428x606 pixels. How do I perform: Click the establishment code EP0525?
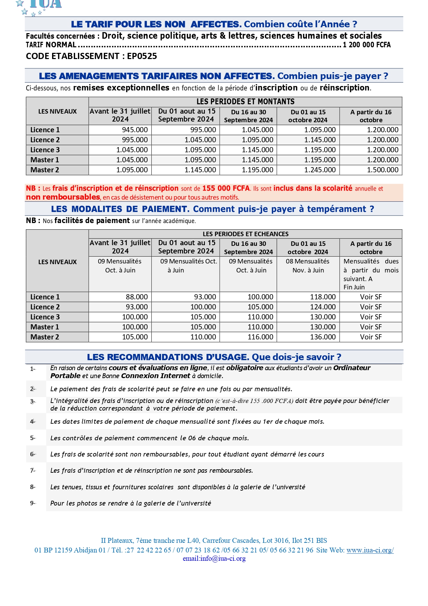[142, 56]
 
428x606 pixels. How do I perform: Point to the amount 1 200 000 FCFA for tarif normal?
[367, 45]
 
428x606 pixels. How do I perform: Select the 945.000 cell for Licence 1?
[135, 130]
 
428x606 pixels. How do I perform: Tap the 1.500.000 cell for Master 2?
[382, 170]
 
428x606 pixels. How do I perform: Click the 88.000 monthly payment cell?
[137, 297]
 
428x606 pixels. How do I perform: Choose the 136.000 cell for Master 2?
[322, 337]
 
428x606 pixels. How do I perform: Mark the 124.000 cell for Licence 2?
[322, 307]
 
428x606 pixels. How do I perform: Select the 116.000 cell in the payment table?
[260, 337]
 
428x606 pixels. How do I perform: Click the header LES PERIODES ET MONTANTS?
[245, 102]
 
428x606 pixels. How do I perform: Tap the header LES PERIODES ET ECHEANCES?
[245, 234]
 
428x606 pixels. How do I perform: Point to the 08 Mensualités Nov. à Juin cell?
[308, 266]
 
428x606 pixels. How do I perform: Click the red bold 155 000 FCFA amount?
[226, 189]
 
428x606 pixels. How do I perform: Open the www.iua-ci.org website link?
[370, 550]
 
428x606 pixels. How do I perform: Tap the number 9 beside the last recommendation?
[32, 503]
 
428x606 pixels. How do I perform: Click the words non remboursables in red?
[63, 197]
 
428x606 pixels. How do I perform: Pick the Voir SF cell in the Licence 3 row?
[371, 317]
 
